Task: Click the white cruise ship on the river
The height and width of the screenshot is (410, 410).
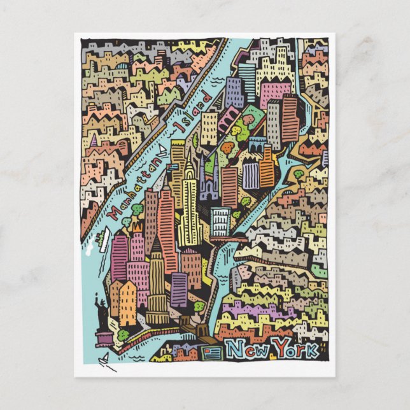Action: click(99, 238)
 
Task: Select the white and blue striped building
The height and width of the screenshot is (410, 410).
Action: click(220, 222)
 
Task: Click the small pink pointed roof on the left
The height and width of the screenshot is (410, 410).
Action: click(94, 141)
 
